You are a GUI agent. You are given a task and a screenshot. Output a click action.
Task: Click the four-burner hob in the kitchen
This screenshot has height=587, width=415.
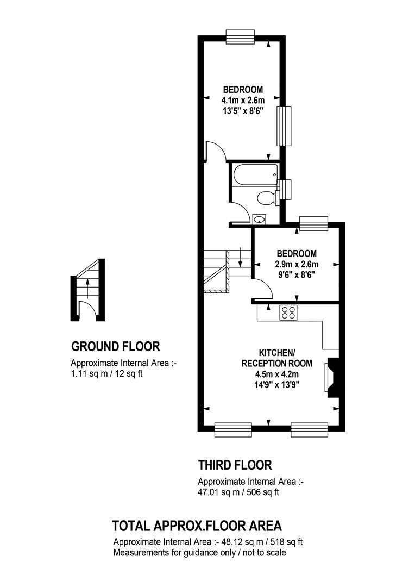tap(288, 313)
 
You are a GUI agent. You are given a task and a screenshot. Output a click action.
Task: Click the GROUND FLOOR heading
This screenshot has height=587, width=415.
tap(116, 346)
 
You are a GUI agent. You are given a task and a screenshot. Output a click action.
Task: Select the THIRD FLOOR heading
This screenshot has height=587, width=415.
tap(235, 465)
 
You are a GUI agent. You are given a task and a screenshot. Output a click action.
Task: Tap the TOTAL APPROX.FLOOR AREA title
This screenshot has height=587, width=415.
tap(197, 526)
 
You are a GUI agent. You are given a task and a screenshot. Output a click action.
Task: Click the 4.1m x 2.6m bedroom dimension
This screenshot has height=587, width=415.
tap(243, 101)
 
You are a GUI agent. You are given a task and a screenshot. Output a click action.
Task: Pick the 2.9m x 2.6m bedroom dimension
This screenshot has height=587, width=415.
tap(297, 264)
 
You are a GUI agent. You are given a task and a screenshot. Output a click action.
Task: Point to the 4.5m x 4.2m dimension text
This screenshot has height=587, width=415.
tap(277, 374)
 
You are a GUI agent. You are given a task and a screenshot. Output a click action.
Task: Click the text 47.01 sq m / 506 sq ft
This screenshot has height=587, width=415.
tap(238, 492)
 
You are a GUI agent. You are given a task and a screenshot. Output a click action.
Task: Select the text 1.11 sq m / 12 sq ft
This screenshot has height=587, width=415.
tap(106, 373)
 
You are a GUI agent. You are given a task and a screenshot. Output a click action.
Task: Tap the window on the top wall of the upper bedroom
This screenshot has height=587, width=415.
tap(241, 37)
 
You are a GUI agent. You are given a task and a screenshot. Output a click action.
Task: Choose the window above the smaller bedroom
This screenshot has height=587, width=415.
tap(313, 223)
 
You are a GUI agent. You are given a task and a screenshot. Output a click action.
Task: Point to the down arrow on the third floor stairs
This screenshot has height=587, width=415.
tap(240, 258)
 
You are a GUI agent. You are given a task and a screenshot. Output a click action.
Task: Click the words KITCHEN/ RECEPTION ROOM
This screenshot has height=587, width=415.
tap(277, 358)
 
